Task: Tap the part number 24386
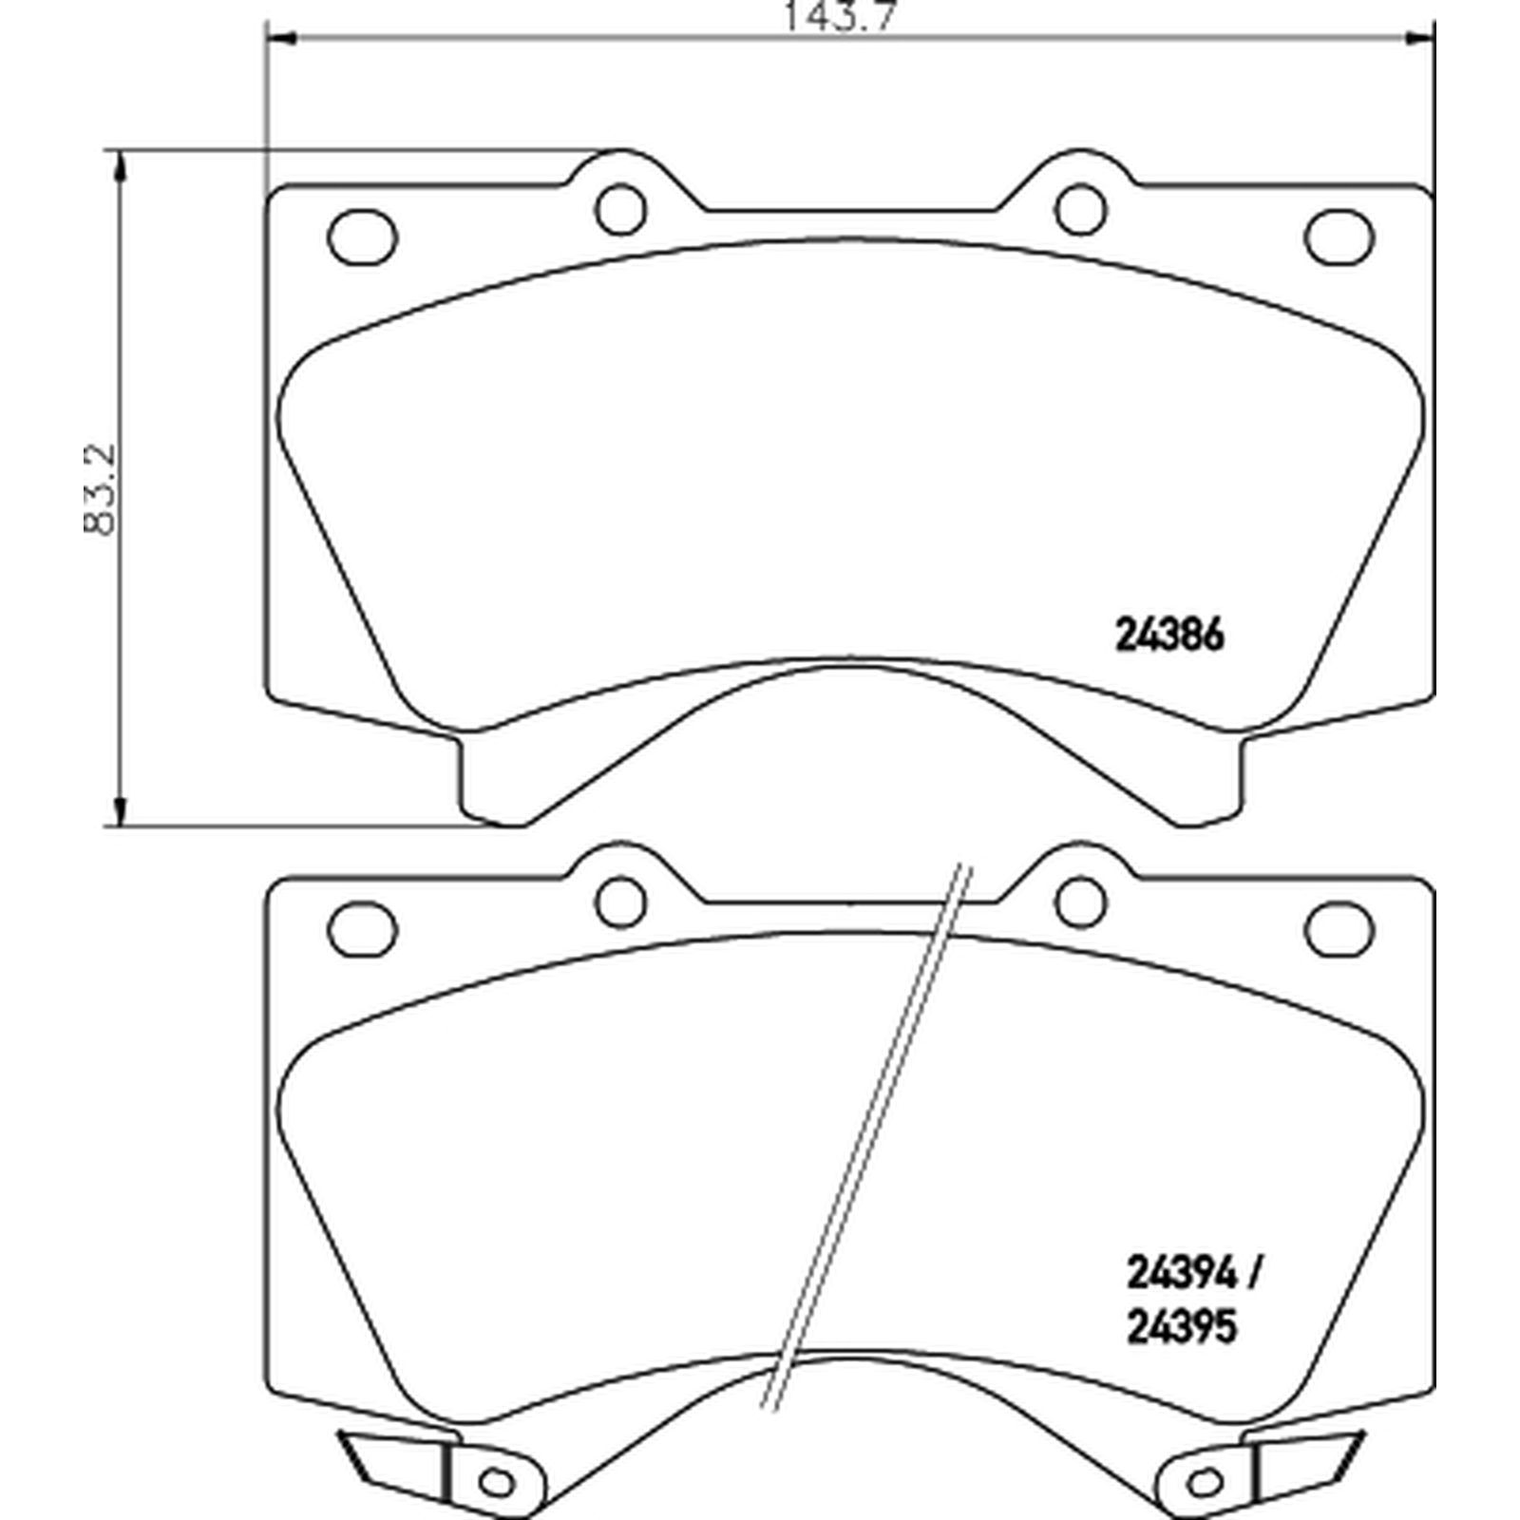(x=1168, y=635)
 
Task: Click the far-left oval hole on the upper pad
(x=362, y=234)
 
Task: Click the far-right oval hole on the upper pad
(x=1339, y=234)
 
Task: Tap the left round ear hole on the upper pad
(x=621, y=208)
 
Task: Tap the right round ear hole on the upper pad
(x=1080, y=208)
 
